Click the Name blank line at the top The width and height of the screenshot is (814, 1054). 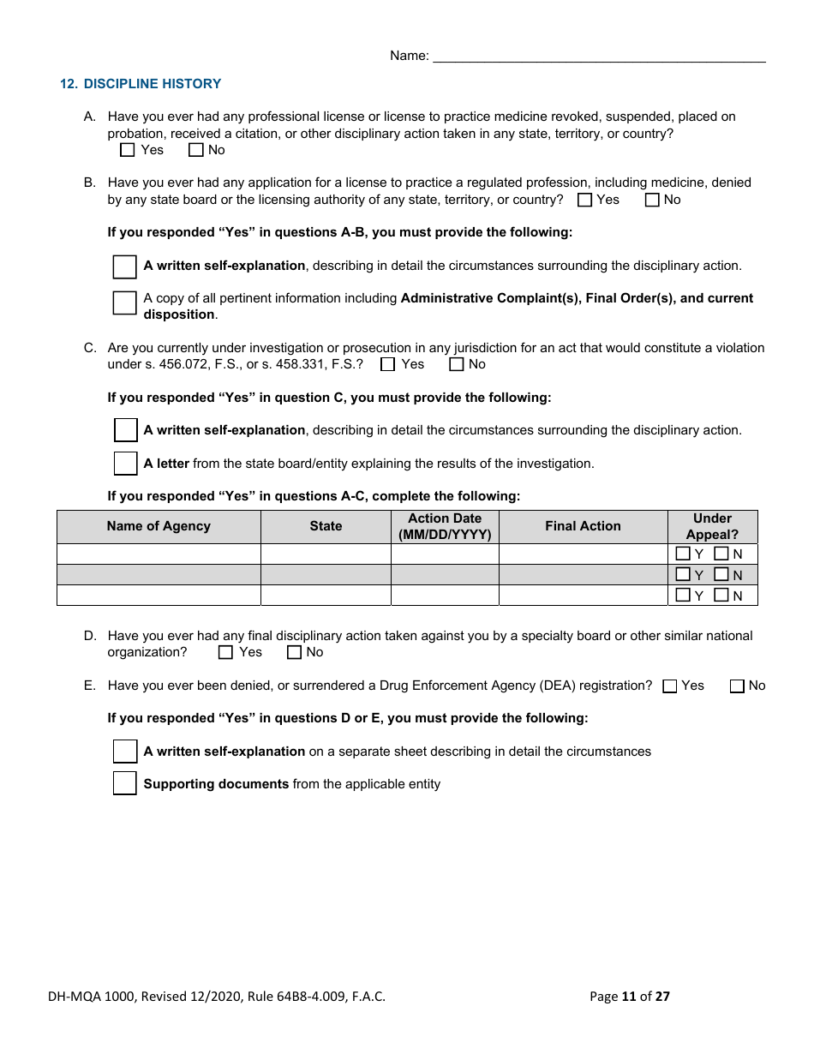click(x=599, y=57)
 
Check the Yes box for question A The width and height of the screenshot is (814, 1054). click(x=128, y=150)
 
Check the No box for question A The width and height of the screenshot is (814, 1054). click(x=196, y=150)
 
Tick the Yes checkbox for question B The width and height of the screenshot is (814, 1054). click(x=585, y=200)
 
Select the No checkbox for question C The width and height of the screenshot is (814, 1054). click(x=457, y=364)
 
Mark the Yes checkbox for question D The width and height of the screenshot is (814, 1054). click(x=226, y=652)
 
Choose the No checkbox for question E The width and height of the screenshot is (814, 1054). click(x=737, y=686)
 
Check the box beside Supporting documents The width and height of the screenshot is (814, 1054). click(x=125, y=783)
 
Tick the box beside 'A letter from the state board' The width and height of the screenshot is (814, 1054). click(x=126, y=464)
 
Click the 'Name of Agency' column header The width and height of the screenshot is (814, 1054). click(x=159, y=526)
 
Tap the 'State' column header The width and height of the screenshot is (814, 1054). click(x=326, y=526)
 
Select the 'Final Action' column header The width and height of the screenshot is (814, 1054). click(x=583, y=526)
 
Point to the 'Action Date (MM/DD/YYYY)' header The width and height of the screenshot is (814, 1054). click(x=445, y=526)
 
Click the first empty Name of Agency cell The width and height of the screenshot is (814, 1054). click(x=159, y=554)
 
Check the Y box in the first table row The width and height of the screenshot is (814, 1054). click(x=683, y=554)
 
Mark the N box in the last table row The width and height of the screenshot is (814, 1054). click(x=721, y=595)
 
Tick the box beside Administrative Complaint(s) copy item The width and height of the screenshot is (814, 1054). click(x=125, y=302)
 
